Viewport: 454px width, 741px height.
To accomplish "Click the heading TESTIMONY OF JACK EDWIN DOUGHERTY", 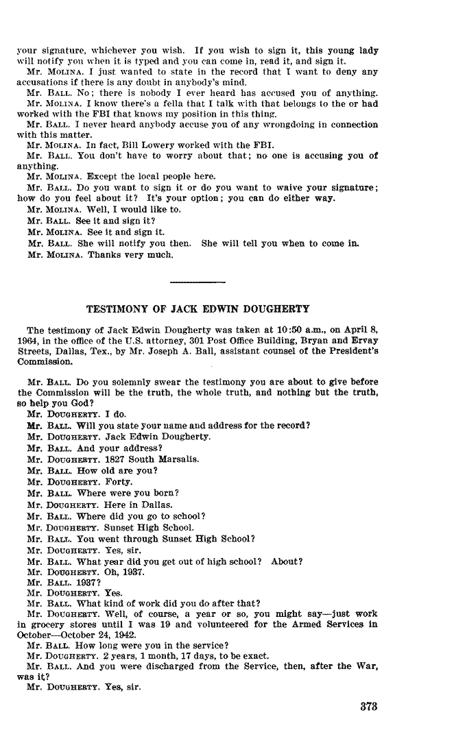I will tap(198, 308).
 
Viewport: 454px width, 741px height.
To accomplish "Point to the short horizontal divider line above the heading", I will tap(198, 282).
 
